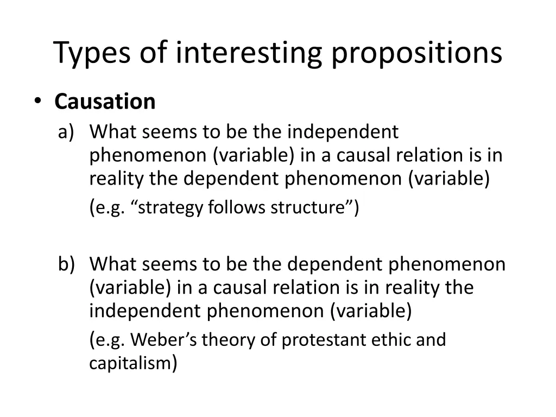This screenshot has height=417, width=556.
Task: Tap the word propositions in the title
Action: click(417, 53)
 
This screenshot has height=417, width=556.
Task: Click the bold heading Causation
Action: click(105, 102)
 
